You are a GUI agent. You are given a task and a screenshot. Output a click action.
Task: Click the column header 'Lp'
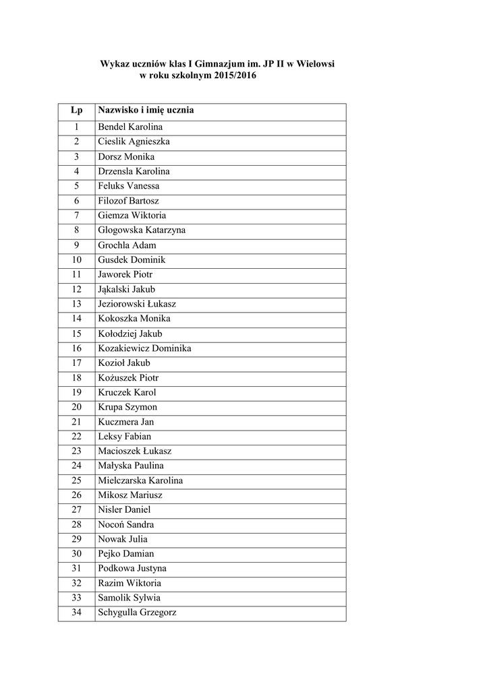pyautogui.click(x=76, y=111)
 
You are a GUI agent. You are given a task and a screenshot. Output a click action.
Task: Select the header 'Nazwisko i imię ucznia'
pyautogui.click(x=146, y=111)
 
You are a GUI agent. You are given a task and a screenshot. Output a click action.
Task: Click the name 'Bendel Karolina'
pyautogui.click(x=130, y=127)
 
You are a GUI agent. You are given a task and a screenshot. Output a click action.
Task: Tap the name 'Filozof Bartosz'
pyautogui.click(x=129, y=201)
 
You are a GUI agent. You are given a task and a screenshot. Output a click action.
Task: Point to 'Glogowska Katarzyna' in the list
pyautogui.click(x=142, y=230)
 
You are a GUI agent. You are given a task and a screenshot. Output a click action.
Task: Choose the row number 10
pyautogui.click(x=76, y=260)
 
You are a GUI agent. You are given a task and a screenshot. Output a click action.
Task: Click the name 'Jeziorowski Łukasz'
pyautogui.click(x=137, y=304)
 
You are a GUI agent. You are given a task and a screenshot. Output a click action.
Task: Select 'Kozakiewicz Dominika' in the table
pyautogui.click(x=144, y=348)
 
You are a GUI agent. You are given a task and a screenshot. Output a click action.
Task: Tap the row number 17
pyautogui.click(x=76, y=363)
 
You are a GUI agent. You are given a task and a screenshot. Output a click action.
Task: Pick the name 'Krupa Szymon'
pyautogui.click(x=127, y=407)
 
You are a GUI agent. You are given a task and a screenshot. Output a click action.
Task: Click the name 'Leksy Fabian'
pyautogui.click(x=125, y=437)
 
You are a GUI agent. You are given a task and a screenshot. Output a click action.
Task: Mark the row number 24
pyautogui.click(x=76, y=466)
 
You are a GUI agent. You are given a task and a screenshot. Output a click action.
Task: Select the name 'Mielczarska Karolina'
pyautogui.click(x=140, y=480)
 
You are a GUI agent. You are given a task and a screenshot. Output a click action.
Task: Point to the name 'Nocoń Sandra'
pyautogui.click(x=126, y=524)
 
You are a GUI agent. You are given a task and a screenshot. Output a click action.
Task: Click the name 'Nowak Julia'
pyautogui.click(x=123, y=539)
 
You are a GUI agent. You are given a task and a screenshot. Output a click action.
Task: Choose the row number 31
pyautogui.click(x=76, y=569)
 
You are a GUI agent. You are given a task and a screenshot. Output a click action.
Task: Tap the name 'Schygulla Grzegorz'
pyautogui.click(x=138, y=613)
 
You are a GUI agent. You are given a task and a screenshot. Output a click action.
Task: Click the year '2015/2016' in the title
pyautogui.click(x=233, y=77)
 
